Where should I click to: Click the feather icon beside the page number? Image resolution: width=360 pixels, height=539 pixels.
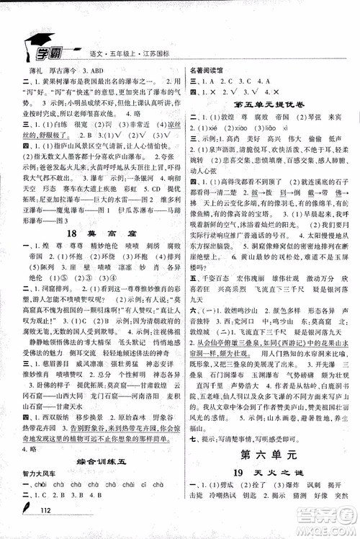tap(30, 513)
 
